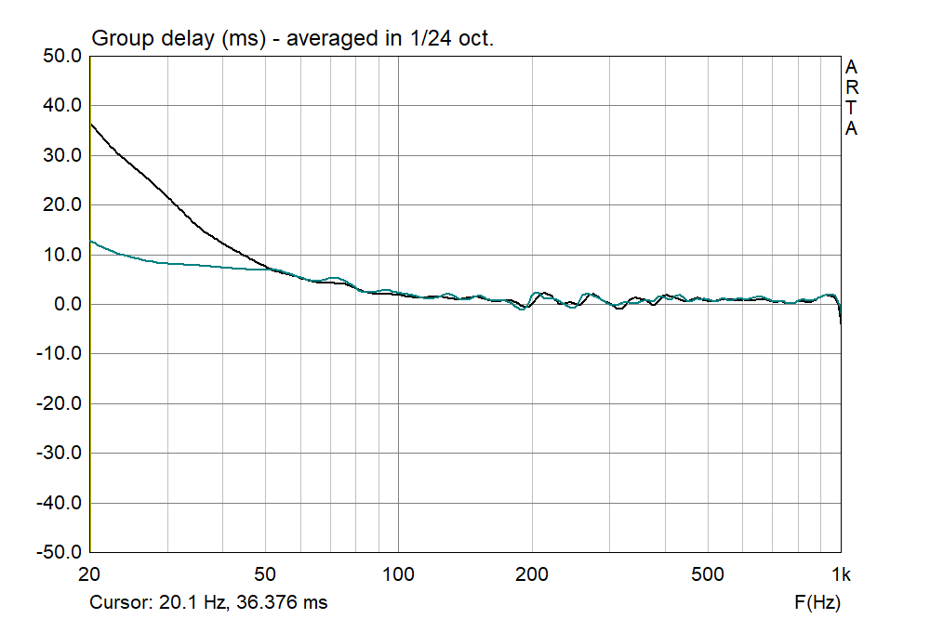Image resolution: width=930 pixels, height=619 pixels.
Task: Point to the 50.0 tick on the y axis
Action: click(61, 57)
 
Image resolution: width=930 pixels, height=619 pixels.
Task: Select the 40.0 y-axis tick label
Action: click(61, 106)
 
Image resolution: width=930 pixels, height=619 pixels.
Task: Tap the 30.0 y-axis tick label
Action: click(61, 156)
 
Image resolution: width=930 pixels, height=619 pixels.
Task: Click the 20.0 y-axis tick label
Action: click(61, 205)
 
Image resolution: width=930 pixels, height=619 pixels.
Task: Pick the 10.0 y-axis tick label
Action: click(61, 255)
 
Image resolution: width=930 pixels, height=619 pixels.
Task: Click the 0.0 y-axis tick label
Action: click(65, 305)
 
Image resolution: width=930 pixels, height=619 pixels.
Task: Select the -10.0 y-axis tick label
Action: click(59, 354)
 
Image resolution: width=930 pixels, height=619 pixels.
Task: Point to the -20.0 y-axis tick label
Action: click(59, 403)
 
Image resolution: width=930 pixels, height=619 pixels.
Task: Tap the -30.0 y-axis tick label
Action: click(59, 454)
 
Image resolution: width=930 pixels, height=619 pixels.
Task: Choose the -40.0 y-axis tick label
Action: click(59, 503)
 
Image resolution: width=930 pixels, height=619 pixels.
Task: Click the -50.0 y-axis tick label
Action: click(59, 552)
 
